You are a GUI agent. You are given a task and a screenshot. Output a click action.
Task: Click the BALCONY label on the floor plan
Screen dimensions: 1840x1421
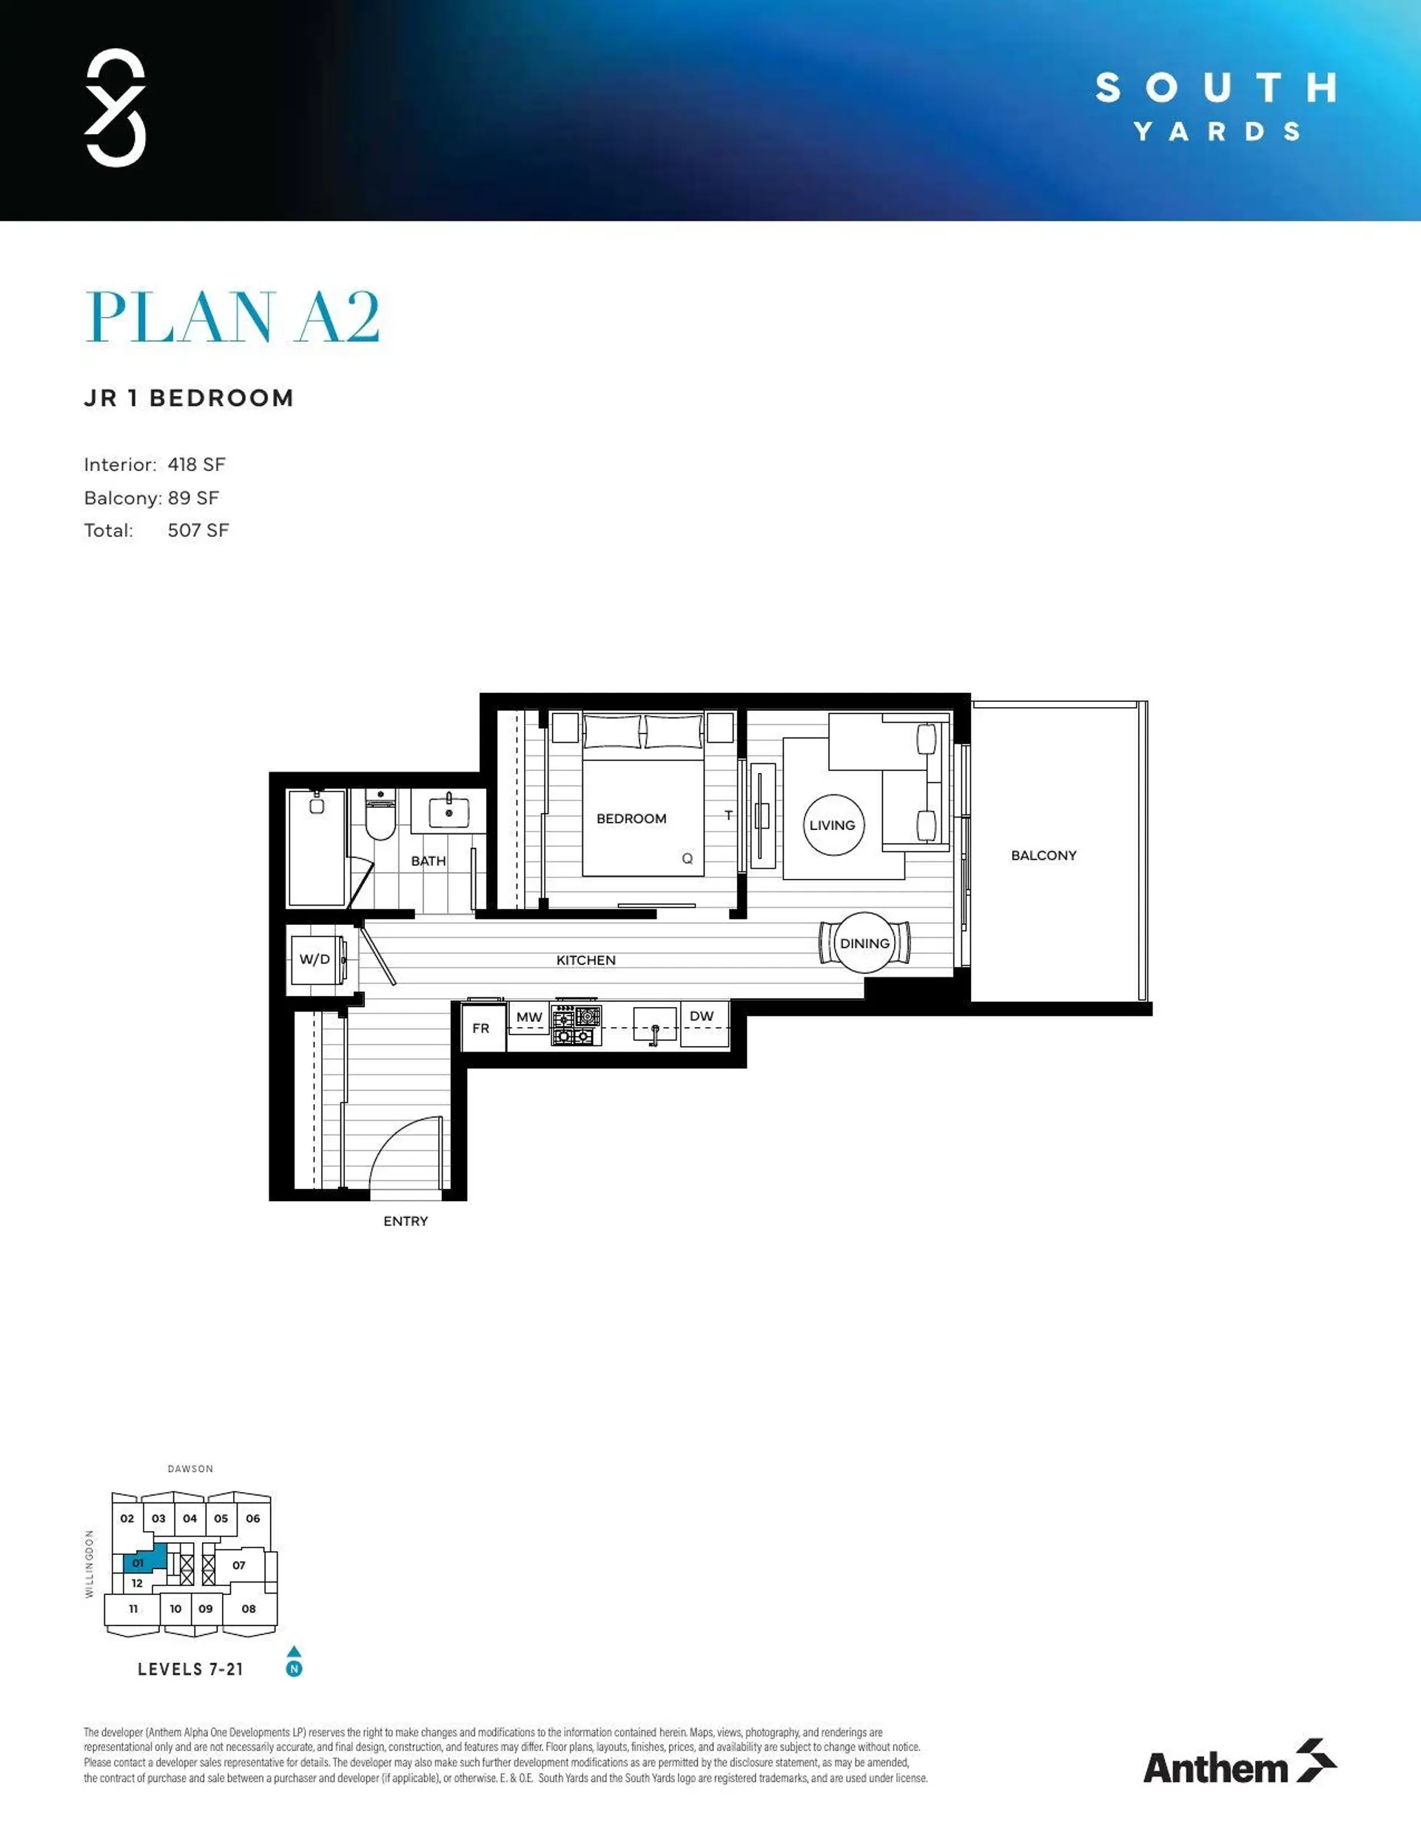(1043, 855)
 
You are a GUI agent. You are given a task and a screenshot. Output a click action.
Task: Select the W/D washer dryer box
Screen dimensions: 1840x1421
(315, 959)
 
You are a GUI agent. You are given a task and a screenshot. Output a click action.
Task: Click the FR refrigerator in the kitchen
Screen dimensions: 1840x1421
(481, 1028)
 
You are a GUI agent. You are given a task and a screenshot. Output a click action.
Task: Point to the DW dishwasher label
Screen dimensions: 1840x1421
(701, 1016)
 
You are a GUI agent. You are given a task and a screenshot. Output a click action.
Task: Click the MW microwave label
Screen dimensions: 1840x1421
(529, 1017)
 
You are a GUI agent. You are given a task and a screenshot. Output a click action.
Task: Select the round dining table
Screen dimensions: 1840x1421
(865, 943)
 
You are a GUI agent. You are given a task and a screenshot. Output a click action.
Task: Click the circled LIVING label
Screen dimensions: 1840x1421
(832, 825)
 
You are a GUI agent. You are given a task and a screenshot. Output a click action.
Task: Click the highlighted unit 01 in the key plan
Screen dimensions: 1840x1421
(139, 1563)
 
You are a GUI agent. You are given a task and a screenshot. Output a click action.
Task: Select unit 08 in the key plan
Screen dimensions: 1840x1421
(249, 1608)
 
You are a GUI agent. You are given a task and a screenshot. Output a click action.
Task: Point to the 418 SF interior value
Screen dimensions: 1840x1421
(196, 464)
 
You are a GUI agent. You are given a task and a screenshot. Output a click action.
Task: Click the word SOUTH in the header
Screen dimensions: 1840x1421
(1215, 87)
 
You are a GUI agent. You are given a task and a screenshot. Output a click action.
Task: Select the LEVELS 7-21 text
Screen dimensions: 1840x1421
(190, 1669)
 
